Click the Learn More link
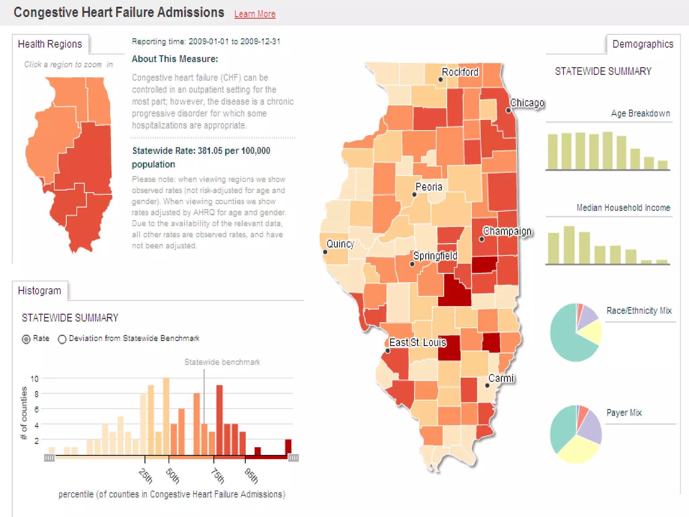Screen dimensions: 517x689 click(255, 14)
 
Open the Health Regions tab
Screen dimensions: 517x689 click(50, 44)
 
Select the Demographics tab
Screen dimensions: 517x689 click(643, 44)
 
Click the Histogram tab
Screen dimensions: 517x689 click(39, 290)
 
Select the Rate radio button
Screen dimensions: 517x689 click(26, 339)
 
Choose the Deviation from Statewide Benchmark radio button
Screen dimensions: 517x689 click(62, 339)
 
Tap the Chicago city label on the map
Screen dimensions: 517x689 click(527, 103)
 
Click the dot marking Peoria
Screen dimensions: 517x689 click(414, 195)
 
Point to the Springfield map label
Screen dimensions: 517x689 click(435, 256)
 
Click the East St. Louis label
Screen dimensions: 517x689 click(418, 342)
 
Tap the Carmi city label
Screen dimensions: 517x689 click(501, 378)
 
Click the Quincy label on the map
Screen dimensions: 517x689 click(340, 244)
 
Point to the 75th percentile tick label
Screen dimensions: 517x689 click(218, 476)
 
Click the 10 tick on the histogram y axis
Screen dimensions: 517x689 click(34, 379)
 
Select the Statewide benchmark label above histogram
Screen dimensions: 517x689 click(222, 362)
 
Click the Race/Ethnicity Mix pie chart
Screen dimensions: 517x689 click(576, 333)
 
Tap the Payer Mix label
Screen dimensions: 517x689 click(624, 412)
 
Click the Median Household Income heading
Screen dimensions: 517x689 click(623, 208)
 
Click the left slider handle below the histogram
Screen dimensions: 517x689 click(49, 458)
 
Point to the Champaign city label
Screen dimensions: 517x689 click(507, 231)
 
